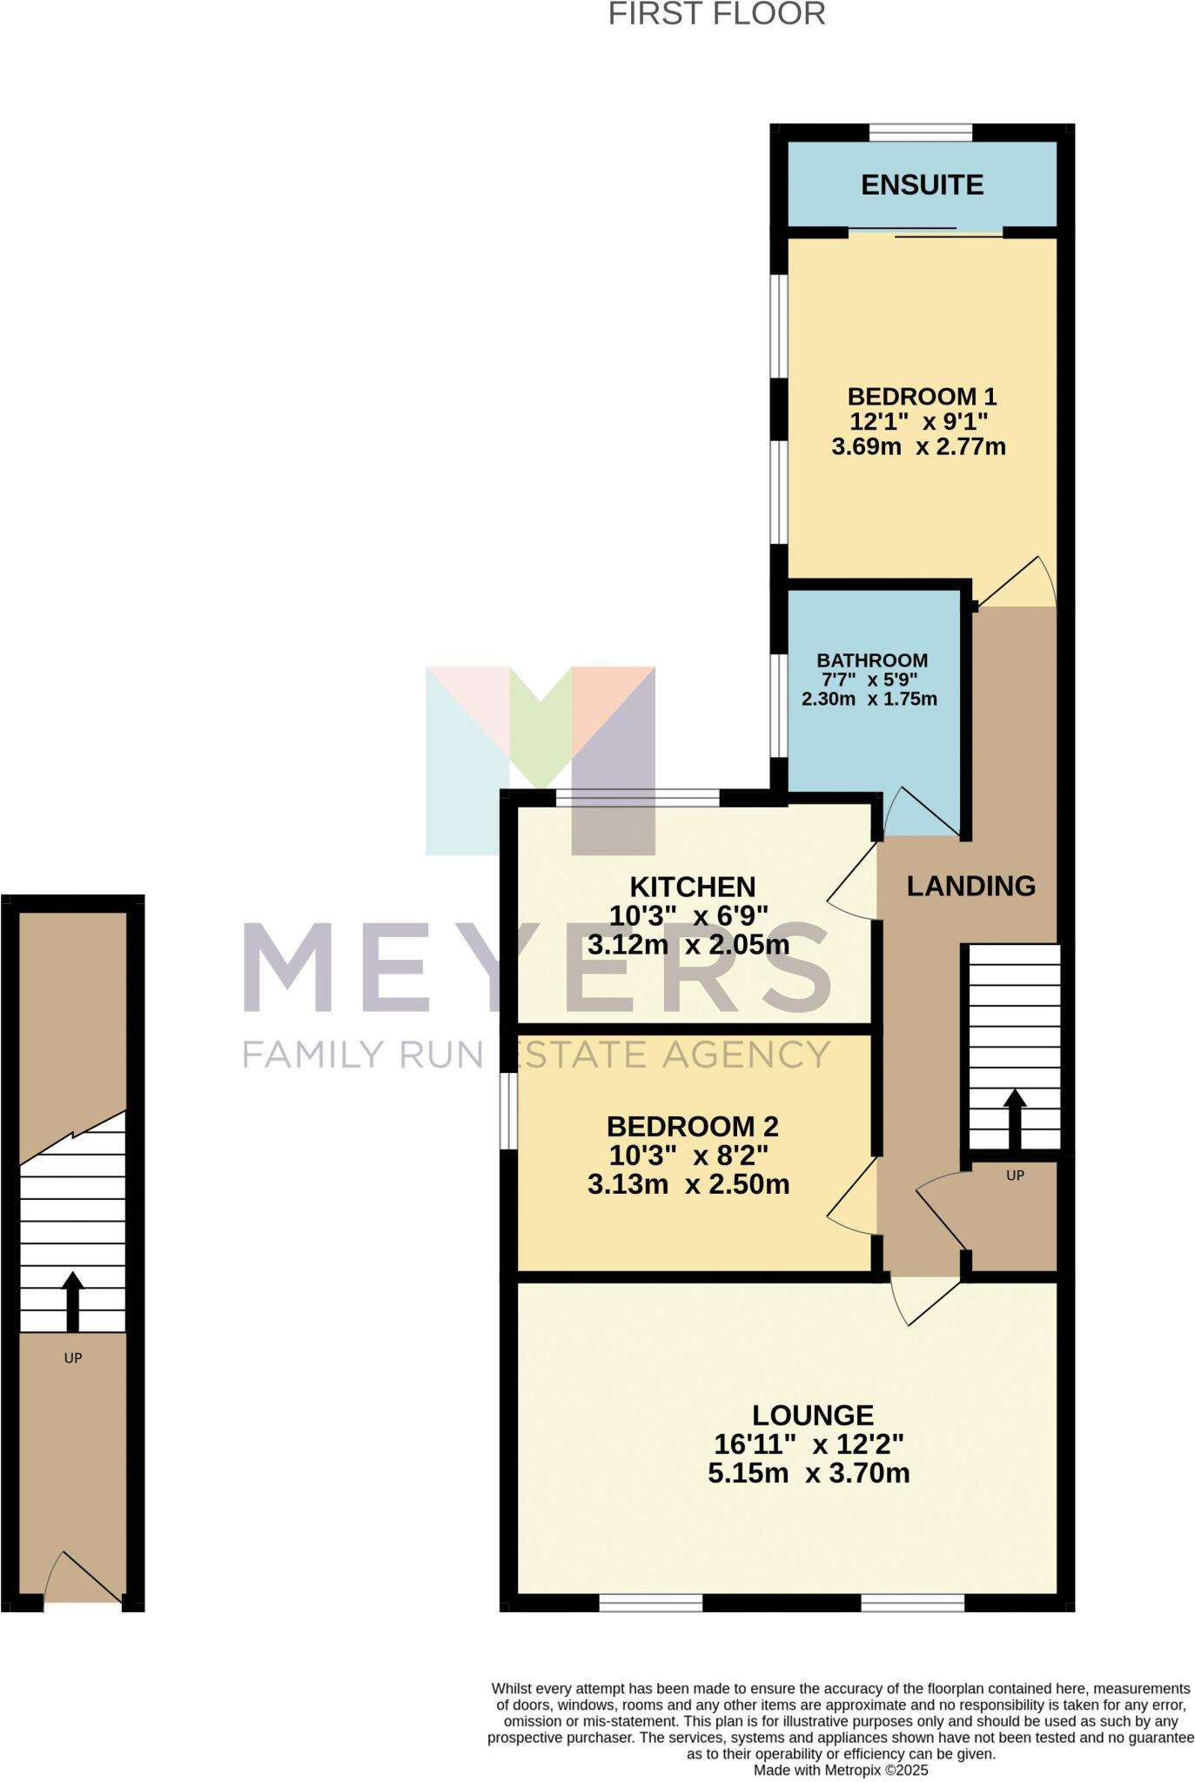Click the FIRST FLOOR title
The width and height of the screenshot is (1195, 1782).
(716, 15)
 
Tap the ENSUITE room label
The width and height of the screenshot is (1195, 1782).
(922, 184)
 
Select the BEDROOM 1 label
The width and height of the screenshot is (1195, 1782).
(922, 397)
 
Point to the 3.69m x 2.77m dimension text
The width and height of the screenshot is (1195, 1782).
(918, 447)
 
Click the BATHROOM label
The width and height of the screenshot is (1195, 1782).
(871, 660)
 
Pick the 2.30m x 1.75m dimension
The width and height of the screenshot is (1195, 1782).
(869, 699)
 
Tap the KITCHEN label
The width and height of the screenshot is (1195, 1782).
(692, 887)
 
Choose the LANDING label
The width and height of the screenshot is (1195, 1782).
(970, 886)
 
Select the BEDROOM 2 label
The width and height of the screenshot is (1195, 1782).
(692, 1127)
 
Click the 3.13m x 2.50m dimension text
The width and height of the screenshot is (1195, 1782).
(688, 1184)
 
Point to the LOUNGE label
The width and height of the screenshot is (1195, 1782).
(813, 1415)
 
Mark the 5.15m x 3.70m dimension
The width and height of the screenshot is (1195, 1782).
(809, 1473)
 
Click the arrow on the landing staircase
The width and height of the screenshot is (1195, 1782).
(1014, 1118)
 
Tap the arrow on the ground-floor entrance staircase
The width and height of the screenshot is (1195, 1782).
(73, 1301)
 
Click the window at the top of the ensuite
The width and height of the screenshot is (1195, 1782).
(920, 132)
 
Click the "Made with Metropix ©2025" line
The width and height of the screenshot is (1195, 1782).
(841, 1770)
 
